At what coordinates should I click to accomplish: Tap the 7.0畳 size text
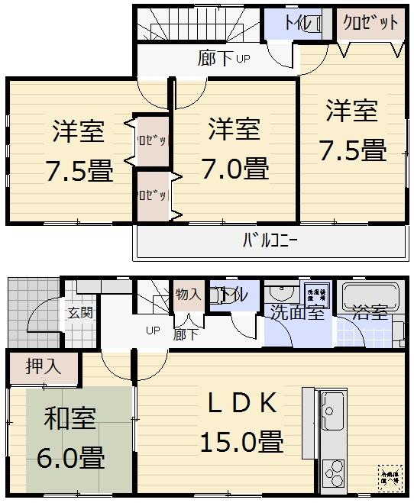click(234, 166)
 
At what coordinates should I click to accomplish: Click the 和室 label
click(70, 420)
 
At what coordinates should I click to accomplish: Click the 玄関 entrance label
click(79, 311)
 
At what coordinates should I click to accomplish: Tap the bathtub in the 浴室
click(370, 295)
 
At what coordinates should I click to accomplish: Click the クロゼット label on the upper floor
click(370, 23)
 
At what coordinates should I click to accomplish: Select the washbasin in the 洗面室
click(281, 295)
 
